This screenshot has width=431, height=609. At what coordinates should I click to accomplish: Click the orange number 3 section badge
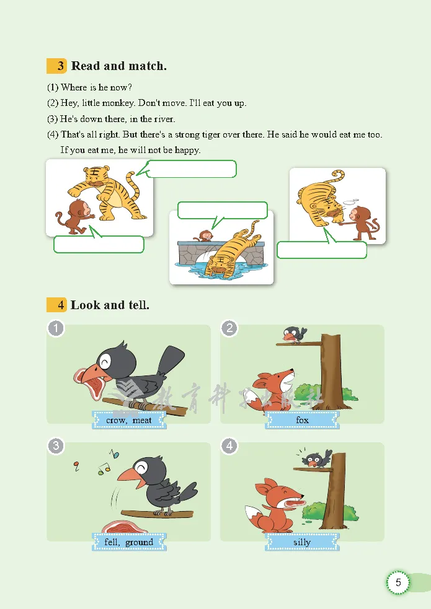point(56,66)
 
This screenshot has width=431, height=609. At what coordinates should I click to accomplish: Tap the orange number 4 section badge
point(56,305)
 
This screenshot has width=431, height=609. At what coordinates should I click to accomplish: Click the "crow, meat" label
point(129,420)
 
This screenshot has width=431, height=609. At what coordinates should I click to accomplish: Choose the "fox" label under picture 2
point(303,420)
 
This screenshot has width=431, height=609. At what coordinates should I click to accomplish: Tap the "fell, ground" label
point(129,542)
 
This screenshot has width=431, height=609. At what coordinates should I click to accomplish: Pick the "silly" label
point(303,542)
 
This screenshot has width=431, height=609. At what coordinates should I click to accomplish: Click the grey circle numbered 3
point(56,446)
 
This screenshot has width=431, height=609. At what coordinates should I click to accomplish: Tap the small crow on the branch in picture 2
point(294,335)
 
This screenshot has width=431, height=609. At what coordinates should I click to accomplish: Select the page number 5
point(398,582)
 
